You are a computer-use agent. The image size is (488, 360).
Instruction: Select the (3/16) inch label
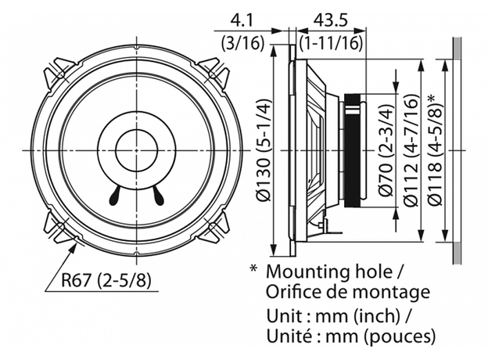coord(238,41)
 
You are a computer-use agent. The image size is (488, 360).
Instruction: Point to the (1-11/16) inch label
coord(330,41)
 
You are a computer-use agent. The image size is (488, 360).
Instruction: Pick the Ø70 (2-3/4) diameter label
coord(384,149)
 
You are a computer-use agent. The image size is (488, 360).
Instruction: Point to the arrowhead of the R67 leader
coord(75,244)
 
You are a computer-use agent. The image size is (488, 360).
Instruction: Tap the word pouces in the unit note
coord(402,337)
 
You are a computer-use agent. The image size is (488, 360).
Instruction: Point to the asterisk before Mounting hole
coord(253,268)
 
